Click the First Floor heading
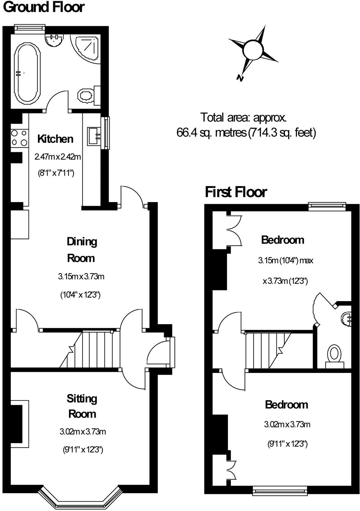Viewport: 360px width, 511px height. click(x=236, y=192)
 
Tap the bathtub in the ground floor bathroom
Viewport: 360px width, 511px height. click(x=27, y=73)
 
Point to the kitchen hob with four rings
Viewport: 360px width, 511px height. click(x=19, y=138)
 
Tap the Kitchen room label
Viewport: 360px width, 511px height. click(x=55, y=139)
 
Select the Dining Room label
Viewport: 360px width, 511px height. click(x=81, y=250)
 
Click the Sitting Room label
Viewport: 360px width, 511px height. click(x=82, y=406)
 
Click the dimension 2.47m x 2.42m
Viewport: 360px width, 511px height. click(x=57, y=157)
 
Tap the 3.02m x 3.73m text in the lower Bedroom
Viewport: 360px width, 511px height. click(x=287, y=424)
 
